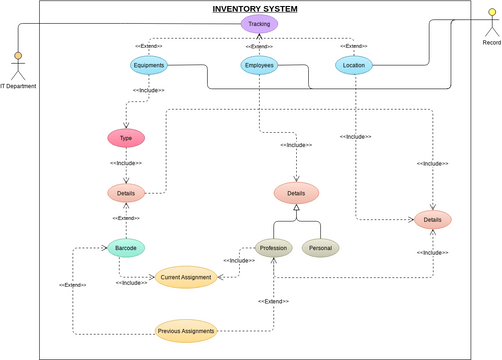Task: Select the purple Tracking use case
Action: click(x=259, y=23)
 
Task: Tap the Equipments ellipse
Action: click(x=148, y=66)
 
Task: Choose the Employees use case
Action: click(x=259, y=66)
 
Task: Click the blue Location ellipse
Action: click(x=353, y=66)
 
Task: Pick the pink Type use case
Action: click(x=126, y=138)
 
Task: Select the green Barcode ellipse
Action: click(x=126, y=247)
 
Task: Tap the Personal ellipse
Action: click(x=321, y=247)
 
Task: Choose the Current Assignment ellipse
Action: click(x=185, y=277)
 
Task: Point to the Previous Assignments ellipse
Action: click(x=186, y=329)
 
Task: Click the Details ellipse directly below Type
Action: click(x=126, y=193)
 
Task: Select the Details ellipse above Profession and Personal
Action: click(x=296, y=193)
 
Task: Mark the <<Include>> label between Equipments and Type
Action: click(x=148, y=91)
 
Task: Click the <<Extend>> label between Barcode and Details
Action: click(x=126, y=218)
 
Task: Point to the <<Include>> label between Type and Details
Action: click(x=126, y=163)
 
